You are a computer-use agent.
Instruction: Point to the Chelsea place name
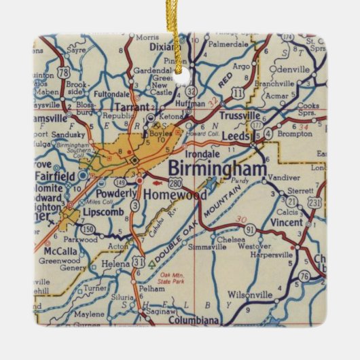(x=228, y=239)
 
